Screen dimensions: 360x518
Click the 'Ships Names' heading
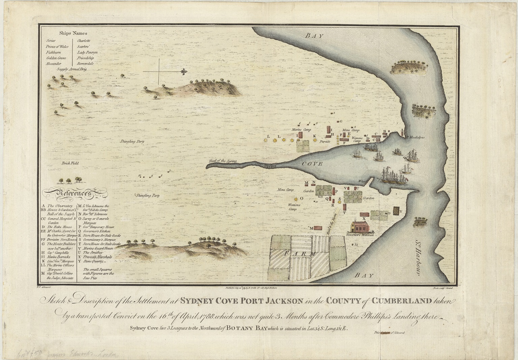[x=73, y=33]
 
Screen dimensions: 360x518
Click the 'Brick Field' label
[x=70, y=163]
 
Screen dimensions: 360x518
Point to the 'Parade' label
[x=325, y=141]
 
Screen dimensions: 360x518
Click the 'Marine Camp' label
[x=300, y=129]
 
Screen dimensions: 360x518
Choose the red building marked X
[x=364, y=214]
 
